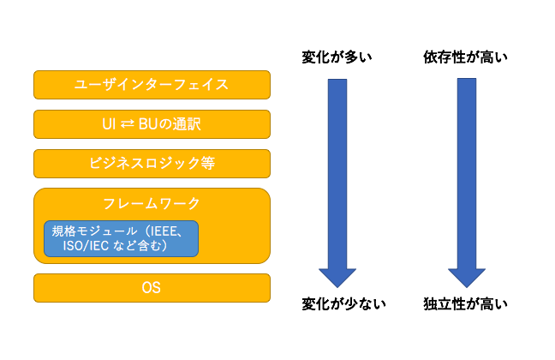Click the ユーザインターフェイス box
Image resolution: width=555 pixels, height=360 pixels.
pyautogui.click(x=152, y=85)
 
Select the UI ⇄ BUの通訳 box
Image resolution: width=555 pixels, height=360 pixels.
pyautogui.click(x=152, y=124)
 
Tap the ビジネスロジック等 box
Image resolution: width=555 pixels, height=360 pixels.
pyautogui.click(x=152, y=164)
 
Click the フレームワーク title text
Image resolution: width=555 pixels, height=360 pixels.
pyautogui.click(x=152, y=204)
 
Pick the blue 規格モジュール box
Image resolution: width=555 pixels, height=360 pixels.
pyautogui.click(x=121, y=238)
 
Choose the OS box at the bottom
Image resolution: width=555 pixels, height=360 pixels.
pyautogui.click(x=152, y=288)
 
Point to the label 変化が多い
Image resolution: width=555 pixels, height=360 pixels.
pyautogui.click(x=337, y=57)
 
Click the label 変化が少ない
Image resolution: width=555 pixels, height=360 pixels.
pyautogui.click(x=343, y=304)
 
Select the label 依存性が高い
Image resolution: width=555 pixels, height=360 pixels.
pyautogui.click(x=465, y=57)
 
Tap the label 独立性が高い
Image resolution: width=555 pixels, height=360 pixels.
pyautogui.click(x=465, y=304)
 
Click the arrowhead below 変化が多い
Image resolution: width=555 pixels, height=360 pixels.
pyautogui.click(x=337, y=278)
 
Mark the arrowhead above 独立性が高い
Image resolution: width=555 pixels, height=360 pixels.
pyautogui.click(x=467, y=278)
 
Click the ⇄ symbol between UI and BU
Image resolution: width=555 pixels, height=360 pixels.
pyautogui.click(x=128, y=124)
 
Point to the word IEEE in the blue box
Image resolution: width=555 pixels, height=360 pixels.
pyautogui.click(x=164, y=231)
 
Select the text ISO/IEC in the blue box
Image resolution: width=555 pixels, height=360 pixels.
pyautogui.click(x=86, y=245)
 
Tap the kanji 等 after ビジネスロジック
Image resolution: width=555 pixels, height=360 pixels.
pyautogui.click(x=208, y=164)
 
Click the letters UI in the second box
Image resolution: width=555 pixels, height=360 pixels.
pyautogui.click(x=109, y=124)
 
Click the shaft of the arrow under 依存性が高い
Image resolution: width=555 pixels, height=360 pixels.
pyautogui.click(x=467, y=174)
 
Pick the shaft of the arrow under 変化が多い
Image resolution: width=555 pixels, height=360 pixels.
pyautogui.click(x=337, y=174)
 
